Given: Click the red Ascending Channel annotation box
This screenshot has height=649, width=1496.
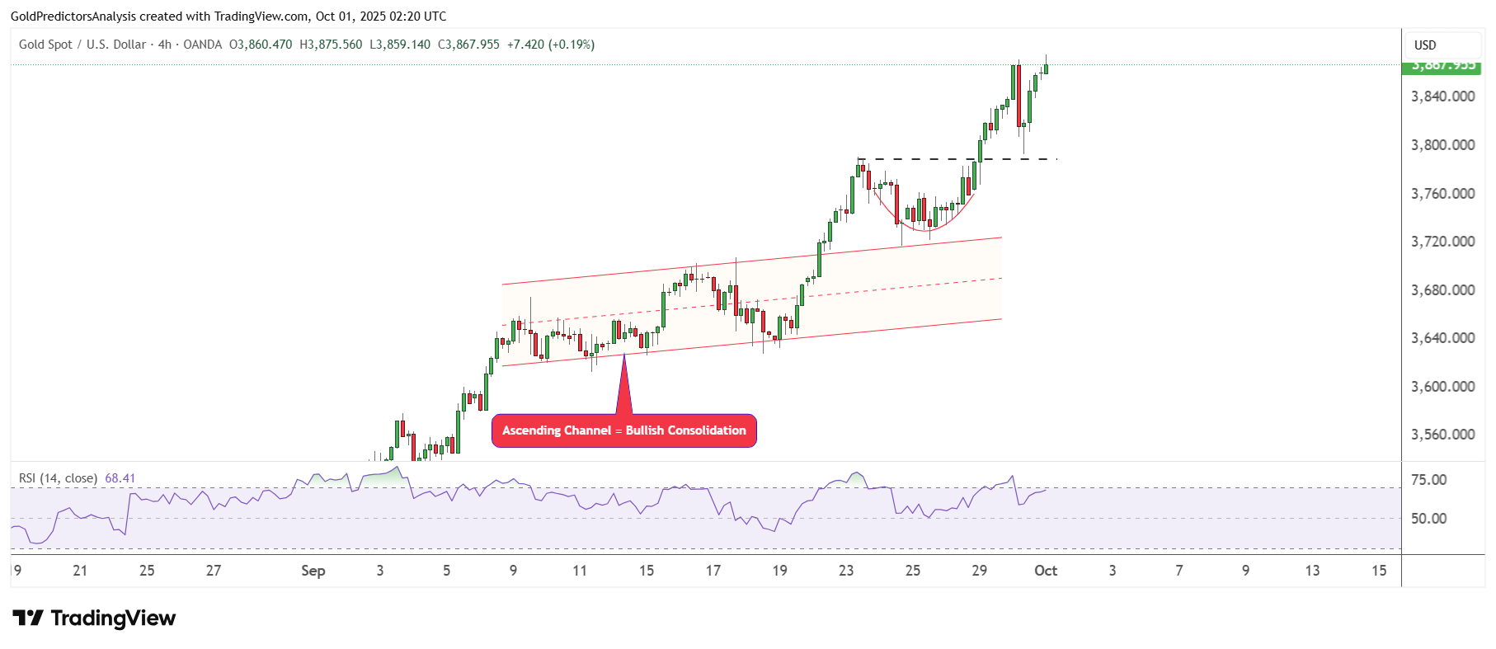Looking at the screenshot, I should point(623,430).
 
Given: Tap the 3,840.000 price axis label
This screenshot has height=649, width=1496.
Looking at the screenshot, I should point(1442,96).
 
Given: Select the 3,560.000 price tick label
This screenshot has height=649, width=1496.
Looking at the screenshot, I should point(1442,435).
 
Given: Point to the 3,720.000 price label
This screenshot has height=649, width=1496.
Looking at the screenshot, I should point(1442,242).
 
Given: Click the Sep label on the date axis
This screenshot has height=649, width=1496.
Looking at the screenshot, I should point(313,571).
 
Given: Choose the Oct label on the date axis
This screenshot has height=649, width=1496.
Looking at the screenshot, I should point(1046,571).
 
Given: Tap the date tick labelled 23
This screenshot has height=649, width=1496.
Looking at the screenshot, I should point(846,571).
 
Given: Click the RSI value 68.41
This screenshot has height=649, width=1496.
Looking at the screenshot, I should point(120,478).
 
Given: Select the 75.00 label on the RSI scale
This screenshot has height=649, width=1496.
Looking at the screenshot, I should point(1428,480).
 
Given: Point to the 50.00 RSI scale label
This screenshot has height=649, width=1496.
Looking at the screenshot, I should point(1428,519).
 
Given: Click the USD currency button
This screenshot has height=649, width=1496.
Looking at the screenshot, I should point(1425,45).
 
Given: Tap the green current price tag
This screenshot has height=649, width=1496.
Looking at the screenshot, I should point(1442,66).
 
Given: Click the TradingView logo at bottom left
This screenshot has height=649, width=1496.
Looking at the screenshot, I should point(94,618).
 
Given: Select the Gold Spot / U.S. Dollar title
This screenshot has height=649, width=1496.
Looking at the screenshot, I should point(82,45).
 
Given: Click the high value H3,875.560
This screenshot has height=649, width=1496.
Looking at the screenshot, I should point(331,45).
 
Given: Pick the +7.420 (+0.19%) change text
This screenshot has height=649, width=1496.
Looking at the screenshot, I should point(550,45).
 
